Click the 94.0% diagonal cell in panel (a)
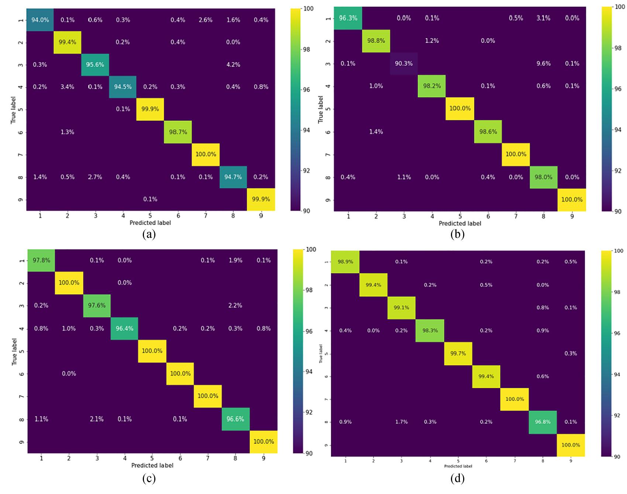pos(40,20)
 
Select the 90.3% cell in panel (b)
pos(404,63)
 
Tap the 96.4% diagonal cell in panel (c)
pos(124,328)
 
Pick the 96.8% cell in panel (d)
pos(542,422)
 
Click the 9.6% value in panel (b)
pos(543,63)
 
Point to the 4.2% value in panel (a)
pos(233,65)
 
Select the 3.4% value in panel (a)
pos(68,87)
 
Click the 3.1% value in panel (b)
pos(543,18)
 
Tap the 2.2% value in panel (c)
pos(235,305)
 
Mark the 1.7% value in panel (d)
pos(401,422)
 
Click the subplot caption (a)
pos(149,235)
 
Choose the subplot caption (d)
pos(457,479)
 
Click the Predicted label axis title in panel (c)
pos(152,466)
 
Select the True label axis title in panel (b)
pos(320,109)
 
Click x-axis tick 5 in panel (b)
pos(460,217)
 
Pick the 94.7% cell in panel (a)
pos(233,177)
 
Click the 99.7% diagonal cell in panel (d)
pos(458,353)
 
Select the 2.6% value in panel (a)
pos(206,20)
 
